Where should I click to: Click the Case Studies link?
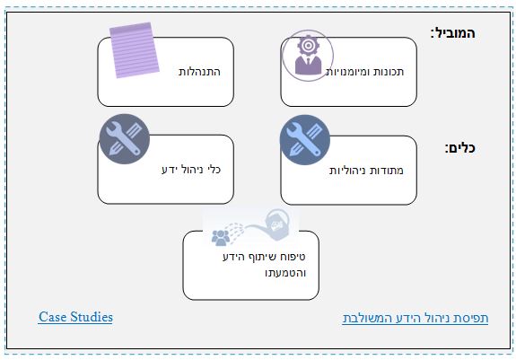[75, 317]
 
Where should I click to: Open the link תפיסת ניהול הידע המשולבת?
[415, 318]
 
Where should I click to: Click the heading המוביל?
[453, 33]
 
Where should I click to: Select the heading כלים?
[460, 148]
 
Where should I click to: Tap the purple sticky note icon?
[135, 50]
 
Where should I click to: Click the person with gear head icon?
[308, 56]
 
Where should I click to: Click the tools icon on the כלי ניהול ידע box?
[125, 139]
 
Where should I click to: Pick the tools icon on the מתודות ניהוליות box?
[305, 140]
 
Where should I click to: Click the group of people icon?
[221, 238]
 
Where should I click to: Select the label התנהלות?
[199, 72]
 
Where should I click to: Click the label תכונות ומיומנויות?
[364, 72]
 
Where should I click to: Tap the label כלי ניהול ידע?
[191, 170]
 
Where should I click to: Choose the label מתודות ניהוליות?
[366, 171]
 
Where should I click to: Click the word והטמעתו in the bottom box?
[285, 273]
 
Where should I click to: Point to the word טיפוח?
[293, 257]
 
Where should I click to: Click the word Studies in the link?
[92, 317]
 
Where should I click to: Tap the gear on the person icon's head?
[308, 46]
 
